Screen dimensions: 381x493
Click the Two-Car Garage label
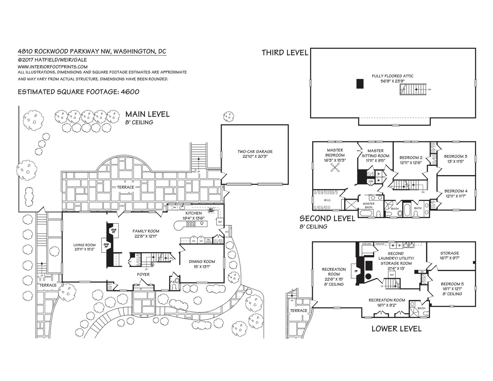(255, 154)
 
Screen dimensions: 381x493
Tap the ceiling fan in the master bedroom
(336, 168)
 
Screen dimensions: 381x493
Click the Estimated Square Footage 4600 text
(79, 92)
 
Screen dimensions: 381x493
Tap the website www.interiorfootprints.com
(53, 67)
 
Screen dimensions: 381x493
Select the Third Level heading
(285, 53)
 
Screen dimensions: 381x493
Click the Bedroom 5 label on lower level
(452, 289)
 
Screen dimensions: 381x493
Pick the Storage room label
(450, 256)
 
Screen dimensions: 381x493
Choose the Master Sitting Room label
(375, 153)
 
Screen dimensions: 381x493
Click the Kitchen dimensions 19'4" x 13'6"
(194, 218)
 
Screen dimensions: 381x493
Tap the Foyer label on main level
(143, 274)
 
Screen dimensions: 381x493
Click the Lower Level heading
(396, 329)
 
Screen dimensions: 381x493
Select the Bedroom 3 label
(455, 158)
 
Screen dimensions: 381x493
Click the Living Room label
(84, 247)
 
